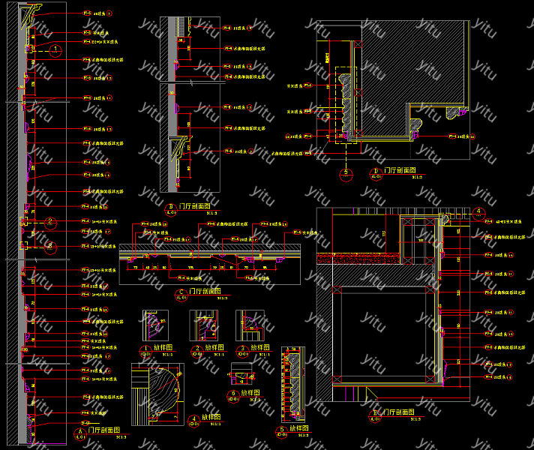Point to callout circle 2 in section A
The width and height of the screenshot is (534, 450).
pos(50,222)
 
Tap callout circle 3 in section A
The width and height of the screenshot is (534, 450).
pos(50,245)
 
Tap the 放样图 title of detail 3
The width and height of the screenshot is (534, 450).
pos(259,348)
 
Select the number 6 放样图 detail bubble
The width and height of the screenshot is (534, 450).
pos(233,393)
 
